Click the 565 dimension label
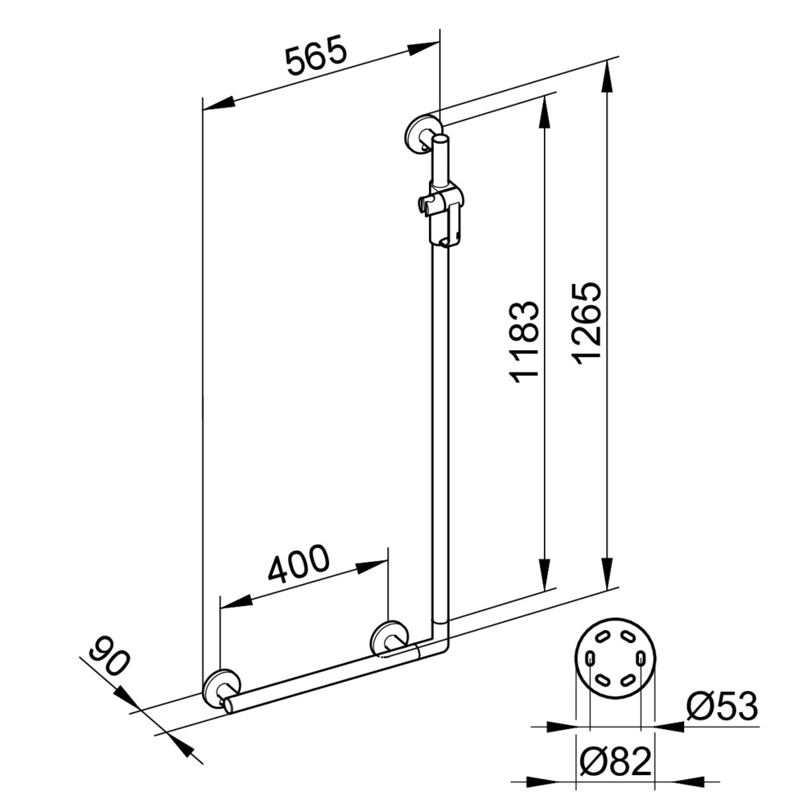(x=317, y=55)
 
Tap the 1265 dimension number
(x=587, y=324)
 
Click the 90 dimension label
(x=109, y=656)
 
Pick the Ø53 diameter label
(x=722, y=706)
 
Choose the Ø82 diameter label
(x=616, y=761)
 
